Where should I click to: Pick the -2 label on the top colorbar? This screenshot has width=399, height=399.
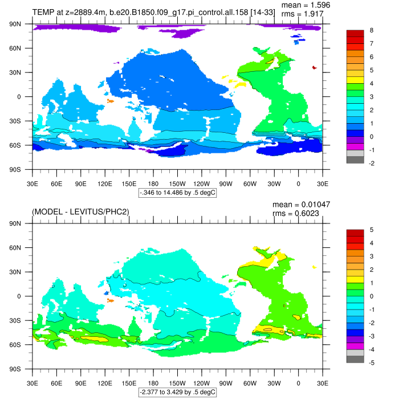click(x=371, y=163)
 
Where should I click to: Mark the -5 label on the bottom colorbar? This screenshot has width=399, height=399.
click(x=371, y=363)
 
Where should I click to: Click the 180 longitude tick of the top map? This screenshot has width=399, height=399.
click(x=153, y=184)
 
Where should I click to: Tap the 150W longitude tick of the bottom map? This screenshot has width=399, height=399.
click(x=178, y=384)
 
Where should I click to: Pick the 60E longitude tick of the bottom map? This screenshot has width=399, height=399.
click(x=56, y=384)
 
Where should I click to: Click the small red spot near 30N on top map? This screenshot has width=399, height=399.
click(x=314, y=67)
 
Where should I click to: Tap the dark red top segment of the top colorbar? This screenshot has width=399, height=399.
click(x=355, y=33)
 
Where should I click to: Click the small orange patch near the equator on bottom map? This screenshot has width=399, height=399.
click(x=111, y=300)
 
